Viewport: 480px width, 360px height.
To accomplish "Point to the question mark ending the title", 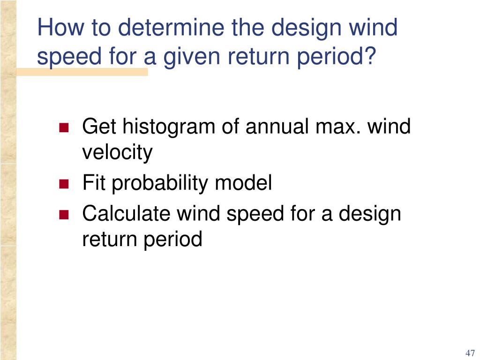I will (370, 57).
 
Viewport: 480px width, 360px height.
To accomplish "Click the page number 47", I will (470, 353).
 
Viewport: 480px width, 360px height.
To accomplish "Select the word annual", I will (265, 127).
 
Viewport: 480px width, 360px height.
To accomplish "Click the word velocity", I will (117, 153).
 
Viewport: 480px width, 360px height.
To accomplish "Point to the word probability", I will (161, 183).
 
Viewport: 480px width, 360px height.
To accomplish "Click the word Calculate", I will (126, 214).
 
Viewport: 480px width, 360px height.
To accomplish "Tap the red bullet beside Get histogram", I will (64, 128).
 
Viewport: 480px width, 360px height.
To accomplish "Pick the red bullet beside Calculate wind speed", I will (64, 215).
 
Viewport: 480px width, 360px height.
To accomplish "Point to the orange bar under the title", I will (82, 72).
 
